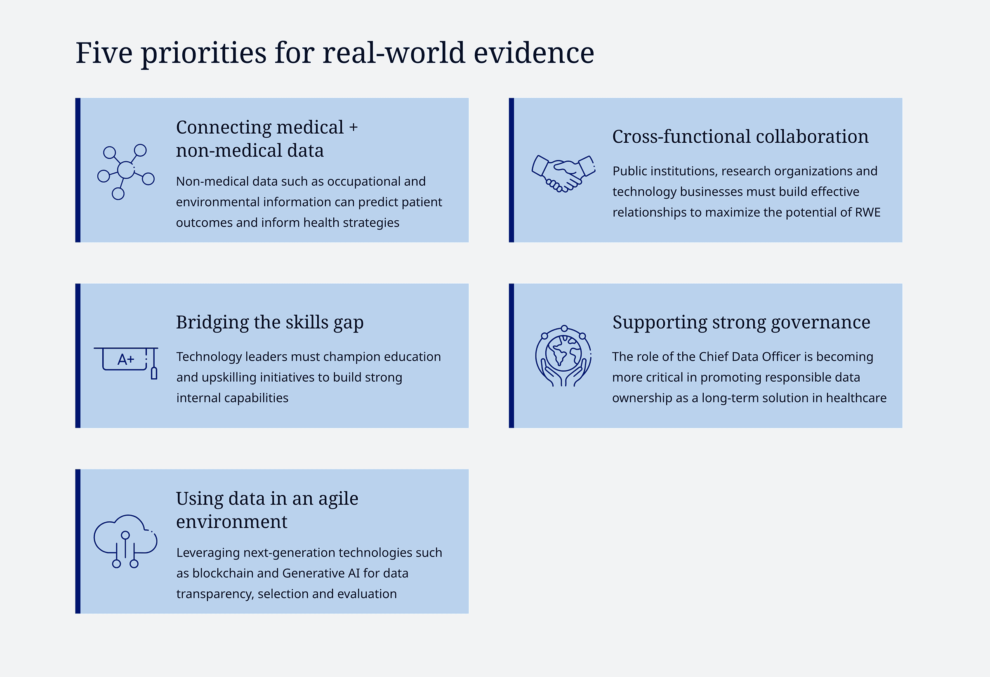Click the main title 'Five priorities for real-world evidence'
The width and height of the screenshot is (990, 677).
tap(335, 54)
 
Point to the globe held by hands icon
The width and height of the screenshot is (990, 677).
tap(563, 356)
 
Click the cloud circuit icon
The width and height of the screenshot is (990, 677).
tap(125, 541)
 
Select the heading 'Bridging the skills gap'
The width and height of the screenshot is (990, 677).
tap(270, 323)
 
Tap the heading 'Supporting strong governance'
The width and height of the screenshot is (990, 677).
tap(741, 323)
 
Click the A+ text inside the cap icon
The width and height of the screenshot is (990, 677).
tap(126, 360)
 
